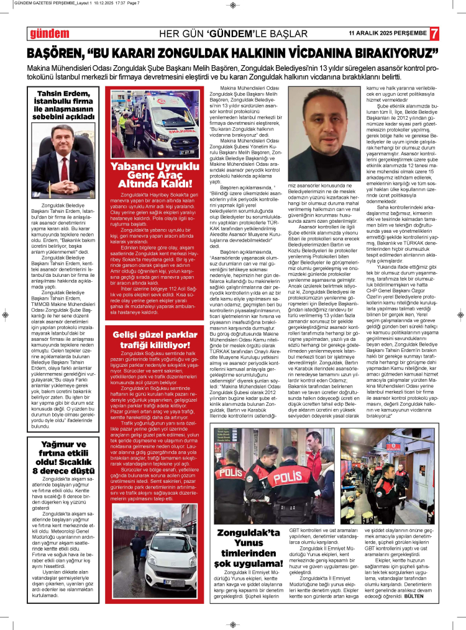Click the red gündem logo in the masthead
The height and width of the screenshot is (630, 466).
[x=50, y=34]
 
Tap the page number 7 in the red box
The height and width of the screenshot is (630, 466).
[x=434, y=34]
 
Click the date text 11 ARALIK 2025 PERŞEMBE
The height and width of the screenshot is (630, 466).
[x=388, y=34]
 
